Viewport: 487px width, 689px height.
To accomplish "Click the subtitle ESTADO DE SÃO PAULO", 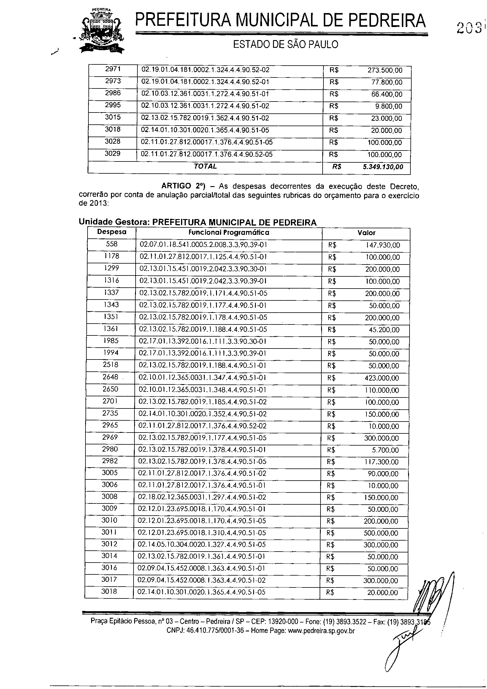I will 285,45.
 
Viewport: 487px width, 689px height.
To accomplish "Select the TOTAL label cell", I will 205,167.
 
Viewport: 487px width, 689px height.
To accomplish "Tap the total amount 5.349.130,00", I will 383,167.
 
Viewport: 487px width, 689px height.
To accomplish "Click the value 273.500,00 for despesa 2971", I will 385,70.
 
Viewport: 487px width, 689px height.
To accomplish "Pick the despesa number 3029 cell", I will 112,154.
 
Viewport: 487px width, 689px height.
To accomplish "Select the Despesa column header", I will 112,232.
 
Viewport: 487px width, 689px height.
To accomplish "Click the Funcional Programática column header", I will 229,232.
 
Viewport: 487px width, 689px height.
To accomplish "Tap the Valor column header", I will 366,232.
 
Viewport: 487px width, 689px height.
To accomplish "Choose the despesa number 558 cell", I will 112,244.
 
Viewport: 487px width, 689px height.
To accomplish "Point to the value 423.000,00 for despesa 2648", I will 382,378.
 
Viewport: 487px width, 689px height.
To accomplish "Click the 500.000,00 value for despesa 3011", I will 381,533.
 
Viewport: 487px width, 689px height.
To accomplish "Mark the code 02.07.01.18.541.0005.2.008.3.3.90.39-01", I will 203,245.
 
